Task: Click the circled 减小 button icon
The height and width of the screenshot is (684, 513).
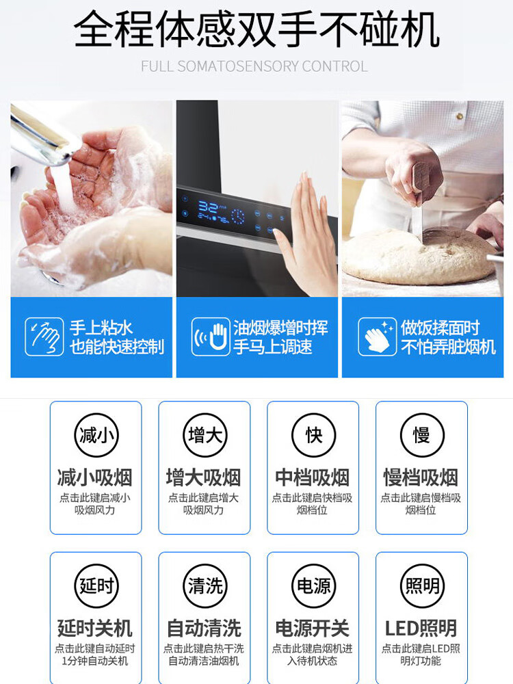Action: (96, 435)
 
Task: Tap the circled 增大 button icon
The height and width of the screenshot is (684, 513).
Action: (205, 435)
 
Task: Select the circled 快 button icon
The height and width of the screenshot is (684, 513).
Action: (313, 435)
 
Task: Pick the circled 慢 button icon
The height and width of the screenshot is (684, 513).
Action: (422, 435)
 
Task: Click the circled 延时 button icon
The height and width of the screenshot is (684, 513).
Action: (96, 586)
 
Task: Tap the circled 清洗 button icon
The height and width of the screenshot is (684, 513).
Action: (205, 586)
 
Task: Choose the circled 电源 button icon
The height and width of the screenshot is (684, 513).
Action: (313, 586)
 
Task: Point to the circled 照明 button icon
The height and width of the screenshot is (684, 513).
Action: (422, 586)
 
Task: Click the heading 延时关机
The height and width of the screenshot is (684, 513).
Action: (95, 629)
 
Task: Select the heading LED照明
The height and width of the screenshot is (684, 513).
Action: (421, 629)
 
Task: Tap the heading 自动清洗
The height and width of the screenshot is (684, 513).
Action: (204, 629)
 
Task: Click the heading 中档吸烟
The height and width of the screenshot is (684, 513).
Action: (313, 477)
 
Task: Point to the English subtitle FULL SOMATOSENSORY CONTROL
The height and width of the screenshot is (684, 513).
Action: (254, 66)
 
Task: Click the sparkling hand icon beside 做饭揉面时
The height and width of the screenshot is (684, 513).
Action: (378, 337)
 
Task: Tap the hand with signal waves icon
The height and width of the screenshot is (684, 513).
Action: (211, 337)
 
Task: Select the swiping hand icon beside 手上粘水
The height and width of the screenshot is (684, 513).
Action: (44, 337)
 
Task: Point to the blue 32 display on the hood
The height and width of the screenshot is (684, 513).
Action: (207, 207)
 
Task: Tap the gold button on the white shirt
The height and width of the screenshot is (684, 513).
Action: (460, 116)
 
